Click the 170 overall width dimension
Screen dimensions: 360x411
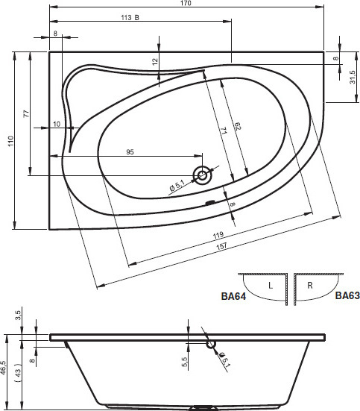click(186, 3)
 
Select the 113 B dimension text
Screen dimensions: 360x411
click(130, 18)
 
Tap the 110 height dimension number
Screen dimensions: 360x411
click(10, 141)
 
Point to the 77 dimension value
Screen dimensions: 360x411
click(27, 114)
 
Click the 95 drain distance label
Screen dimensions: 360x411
click(130, 151)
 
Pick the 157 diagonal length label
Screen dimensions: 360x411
click(221, 246)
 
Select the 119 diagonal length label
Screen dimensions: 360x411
click(218, 235)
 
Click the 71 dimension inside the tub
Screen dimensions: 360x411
click(224, 131)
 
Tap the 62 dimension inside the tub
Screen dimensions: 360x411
click(237, 126)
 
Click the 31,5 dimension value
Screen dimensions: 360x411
click(353, 77)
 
